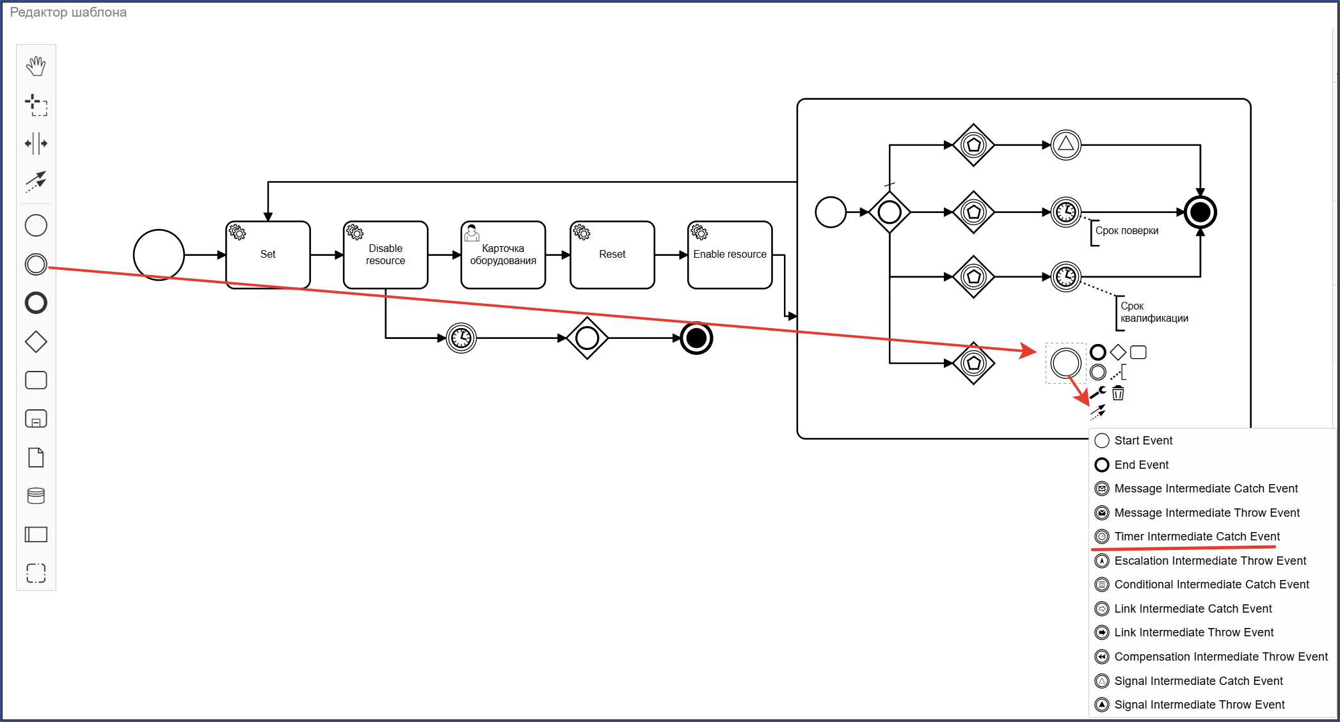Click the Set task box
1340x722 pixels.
[x=268, y=255]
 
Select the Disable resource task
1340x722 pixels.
[x=385, y=255]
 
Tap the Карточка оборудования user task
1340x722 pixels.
[x=503, y=255]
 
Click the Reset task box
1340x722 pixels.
[x=612, y=255]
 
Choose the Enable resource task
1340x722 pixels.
[x=730, y=255]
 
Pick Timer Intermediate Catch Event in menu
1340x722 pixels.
[x=1197, y=537]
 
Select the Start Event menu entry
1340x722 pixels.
[x=1143, y=441]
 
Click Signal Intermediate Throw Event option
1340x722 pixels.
[x=1199, y=705]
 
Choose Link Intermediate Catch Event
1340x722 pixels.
[x=1193, y=609]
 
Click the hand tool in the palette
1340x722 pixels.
[x=36, y=66]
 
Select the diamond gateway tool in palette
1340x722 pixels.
[x=36, y=341]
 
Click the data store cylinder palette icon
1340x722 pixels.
[x=36, y=496]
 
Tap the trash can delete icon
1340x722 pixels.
[x=1118, y=393]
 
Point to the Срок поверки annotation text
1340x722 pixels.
[x=1127, y=231]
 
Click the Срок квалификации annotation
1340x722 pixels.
[x=1154, y=312]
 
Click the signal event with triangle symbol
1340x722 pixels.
[x=1066, y=145]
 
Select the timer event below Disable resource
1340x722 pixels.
[x=461, y=338]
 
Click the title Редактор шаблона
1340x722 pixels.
[x=68, y=12]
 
